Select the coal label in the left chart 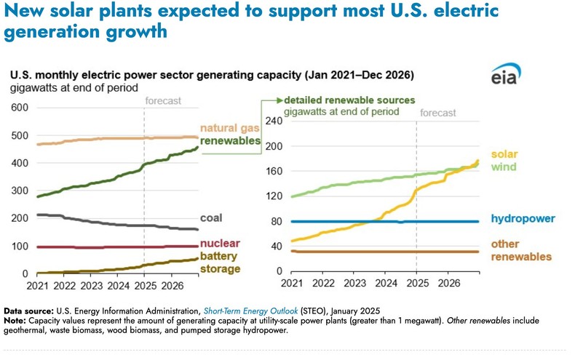coord(211,217)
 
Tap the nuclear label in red coord(221,243)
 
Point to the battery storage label coord(219,263)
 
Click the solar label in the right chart coord(504,154)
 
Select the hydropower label coord(523,218)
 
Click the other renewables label coord(521,250)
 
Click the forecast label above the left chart coord(163,101)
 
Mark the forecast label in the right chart coord(438,113)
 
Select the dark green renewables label coord(230,141)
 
